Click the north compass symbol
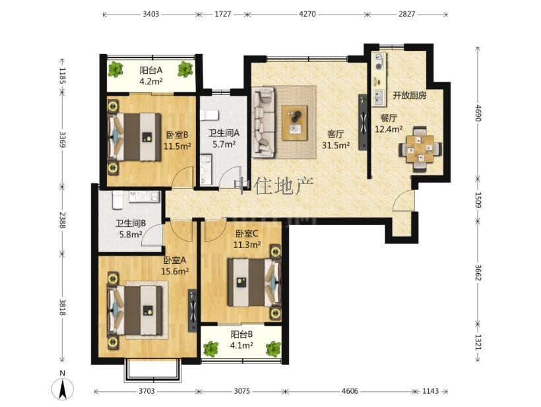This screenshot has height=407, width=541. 63,387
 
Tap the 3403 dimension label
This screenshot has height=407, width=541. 151,14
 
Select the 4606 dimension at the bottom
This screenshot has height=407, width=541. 350,391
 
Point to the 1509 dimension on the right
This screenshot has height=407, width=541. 478,199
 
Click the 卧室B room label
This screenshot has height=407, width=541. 177,135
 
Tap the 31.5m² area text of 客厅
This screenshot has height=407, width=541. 336,145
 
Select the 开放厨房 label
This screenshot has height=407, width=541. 410,96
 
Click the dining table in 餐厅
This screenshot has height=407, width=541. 420,149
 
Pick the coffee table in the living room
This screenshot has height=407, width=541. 294,123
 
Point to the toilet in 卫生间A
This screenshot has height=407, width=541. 209,115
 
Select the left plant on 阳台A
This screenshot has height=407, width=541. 115,69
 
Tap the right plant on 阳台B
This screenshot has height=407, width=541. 273,348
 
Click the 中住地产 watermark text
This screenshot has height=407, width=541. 274,186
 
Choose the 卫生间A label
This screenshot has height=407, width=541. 224,133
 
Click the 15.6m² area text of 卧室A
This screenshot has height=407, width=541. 175,271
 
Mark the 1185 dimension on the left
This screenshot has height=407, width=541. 63,76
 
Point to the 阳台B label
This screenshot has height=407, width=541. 242,334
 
